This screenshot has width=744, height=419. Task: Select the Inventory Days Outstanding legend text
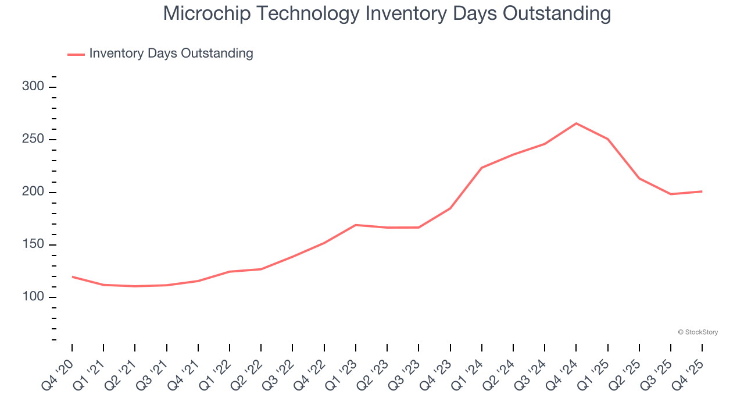click(x=171, y=54)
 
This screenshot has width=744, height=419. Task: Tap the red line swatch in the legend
click(x=76, y=54)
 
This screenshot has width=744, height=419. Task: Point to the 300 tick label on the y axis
click(x=33, y=87)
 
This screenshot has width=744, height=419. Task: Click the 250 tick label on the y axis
click(x=33, y=140)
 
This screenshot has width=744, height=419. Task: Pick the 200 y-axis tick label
click(x=33, y=192)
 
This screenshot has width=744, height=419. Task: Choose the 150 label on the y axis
click(x=33, y=244)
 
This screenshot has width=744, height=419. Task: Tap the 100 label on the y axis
click(x=33, y=297)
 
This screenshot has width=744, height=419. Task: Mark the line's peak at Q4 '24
click(x=576, y=123)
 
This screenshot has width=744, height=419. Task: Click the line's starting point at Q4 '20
click(x=72, y=277)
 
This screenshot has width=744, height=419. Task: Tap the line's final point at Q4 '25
click(x=702, y=191)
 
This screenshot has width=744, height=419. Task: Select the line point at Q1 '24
click(x=482, y=168)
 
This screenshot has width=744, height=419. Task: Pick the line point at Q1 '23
click(x=356, y=225)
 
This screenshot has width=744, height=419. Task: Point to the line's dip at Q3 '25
click(x=670, y=194)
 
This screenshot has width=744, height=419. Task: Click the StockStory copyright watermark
click(x=697, y=332)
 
